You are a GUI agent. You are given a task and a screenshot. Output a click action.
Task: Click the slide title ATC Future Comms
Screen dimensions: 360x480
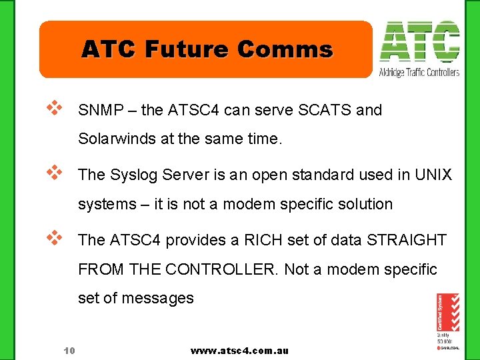[207, 49]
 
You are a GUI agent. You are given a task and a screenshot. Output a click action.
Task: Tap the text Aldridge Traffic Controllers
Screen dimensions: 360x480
[419, 72]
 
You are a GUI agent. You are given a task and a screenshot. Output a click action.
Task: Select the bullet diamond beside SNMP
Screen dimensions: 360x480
[54, 107]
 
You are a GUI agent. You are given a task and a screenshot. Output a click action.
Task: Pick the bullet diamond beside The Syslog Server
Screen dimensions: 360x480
[54, 171]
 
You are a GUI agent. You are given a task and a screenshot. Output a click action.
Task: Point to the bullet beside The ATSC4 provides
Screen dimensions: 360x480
[54, 236]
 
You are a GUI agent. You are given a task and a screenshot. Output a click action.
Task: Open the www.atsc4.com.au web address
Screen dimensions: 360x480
[239, 351]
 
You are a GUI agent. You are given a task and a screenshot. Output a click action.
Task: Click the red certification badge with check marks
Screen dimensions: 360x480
[447, 312]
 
